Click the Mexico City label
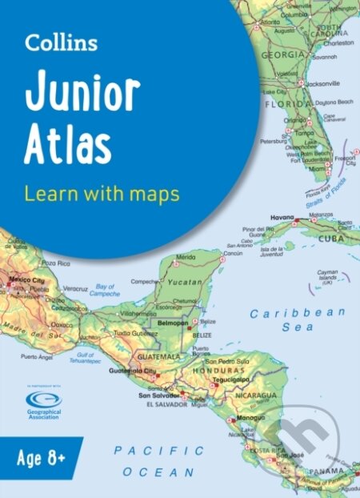[x=26, y=281]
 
